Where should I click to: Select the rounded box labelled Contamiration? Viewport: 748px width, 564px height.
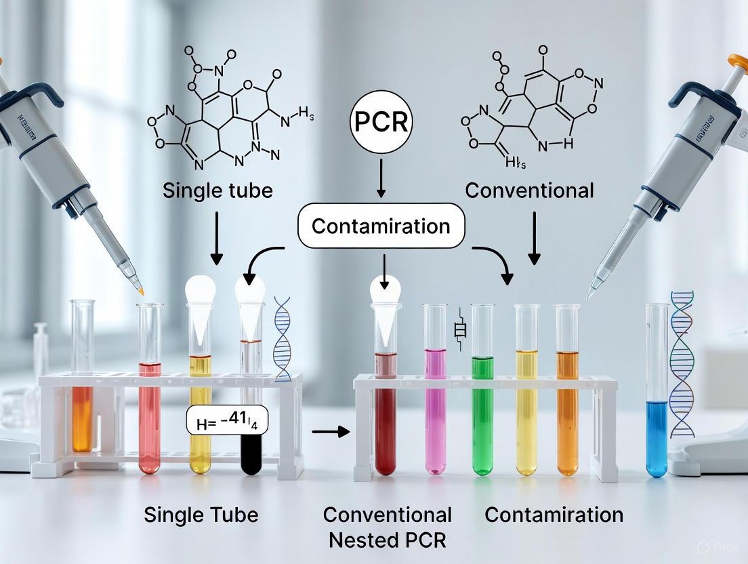[x=381, y=226]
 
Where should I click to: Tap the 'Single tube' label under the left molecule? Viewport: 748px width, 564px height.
[x=217, y=190]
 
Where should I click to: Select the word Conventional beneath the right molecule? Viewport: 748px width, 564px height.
[x=529, y=190]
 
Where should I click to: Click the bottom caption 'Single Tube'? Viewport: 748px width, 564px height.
[x=201, y=515]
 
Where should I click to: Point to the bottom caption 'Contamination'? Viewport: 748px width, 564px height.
[x=554, y=515]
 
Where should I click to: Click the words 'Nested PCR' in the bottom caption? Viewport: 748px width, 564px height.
[x=386, y=541]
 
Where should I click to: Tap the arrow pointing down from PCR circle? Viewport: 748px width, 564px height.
[x=380, y=180]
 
